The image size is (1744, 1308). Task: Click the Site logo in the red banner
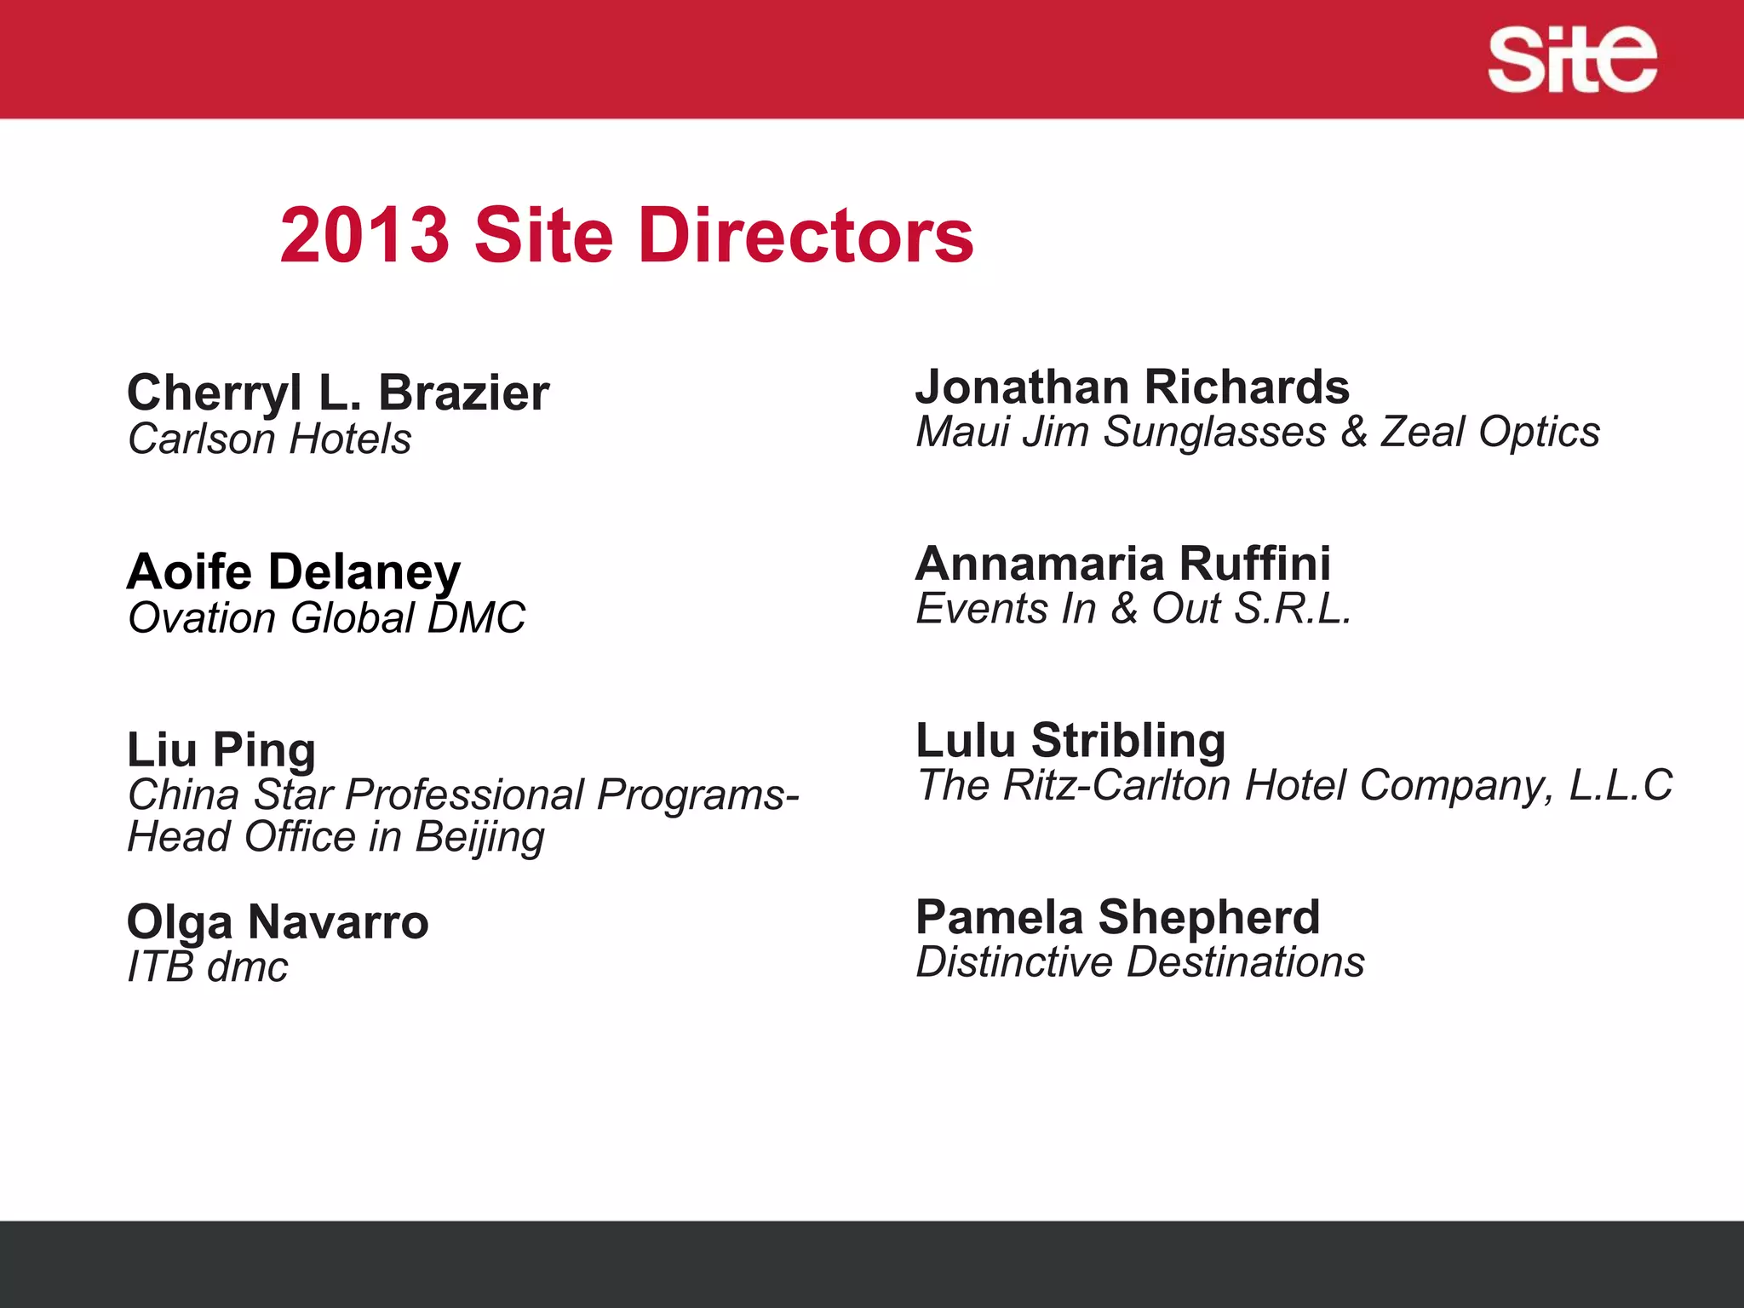click(x=1572, y=60)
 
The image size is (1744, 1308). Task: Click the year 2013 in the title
click(x=364, y=236)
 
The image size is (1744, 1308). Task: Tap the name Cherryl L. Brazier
click(x=338, y=393)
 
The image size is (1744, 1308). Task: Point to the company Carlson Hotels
click(x=269, y=440)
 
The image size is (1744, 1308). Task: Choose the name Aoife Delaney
click(x=294, y=571)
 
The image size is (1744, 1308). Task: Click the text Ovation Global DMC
click(x=326, y=618)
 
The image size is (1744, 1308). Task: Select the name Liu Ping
click(x=221, y=750)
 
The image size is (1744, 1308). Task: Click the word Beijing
click(x=479, y=837)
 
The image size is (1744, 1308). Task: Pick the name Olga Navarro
click(x=278, y=922)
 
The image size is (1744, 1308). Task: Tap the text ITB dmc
click(x=207, y=967)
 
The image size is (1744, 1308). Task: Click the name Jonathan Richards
click(x=1132, y=387)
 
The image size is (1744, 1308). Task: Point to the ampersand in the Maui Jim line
click(x=1354, y=432)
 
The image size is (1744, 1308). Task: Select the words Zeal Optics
click(x=1490, y=432)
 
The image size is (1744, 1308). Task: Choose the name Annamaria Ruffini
click(x=1122, y=564)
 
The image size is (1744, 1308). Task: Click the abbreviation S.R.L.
click(x=1293, y=609)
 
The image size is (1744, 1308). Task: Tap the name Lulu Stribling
click(x=1070, y=741)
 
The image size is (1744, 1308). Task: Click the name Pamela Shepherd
click(x=1117, y=918)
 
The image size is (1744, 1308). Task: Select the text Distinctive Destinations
click(x=1139, y=963)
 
